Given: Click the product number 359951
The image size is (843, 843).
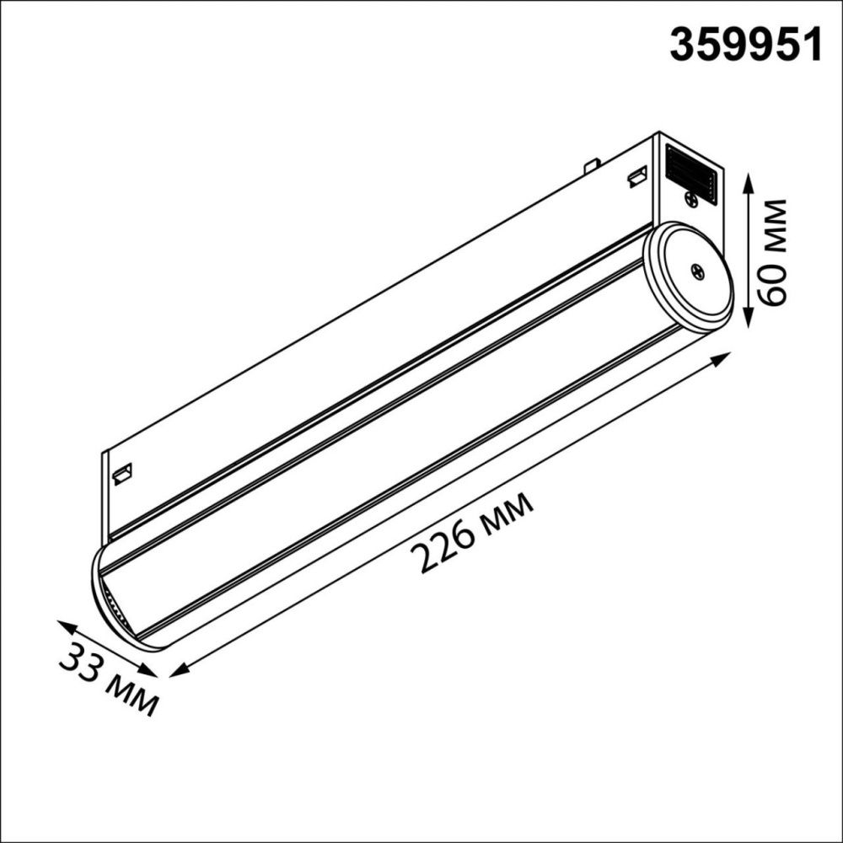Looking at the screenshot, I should coord(745,43).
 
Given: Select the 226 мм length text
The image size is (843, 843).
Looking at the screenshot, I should coord(472,533).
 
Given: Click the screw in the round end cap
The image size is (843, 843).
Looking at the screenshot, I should coord(698,271).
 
